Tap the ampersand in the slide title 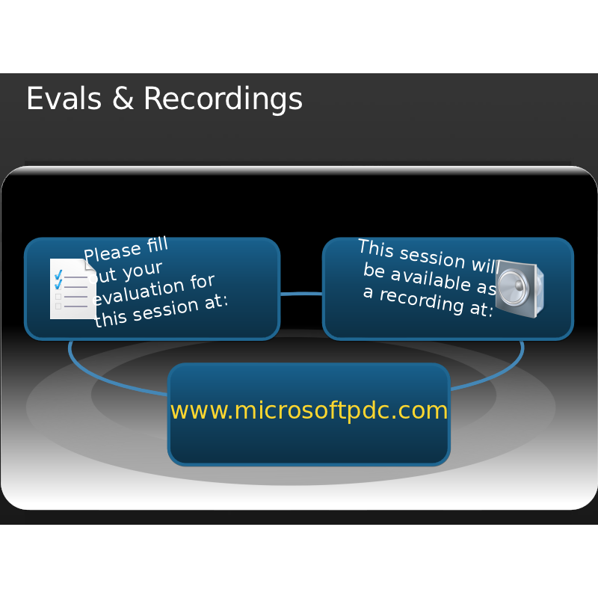point(123,99)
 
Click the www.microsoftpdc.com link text point(309,410)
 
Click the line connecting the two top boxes point(301,294)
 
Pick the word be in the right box point(374,270)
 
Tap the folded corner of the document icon point(90,262)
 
